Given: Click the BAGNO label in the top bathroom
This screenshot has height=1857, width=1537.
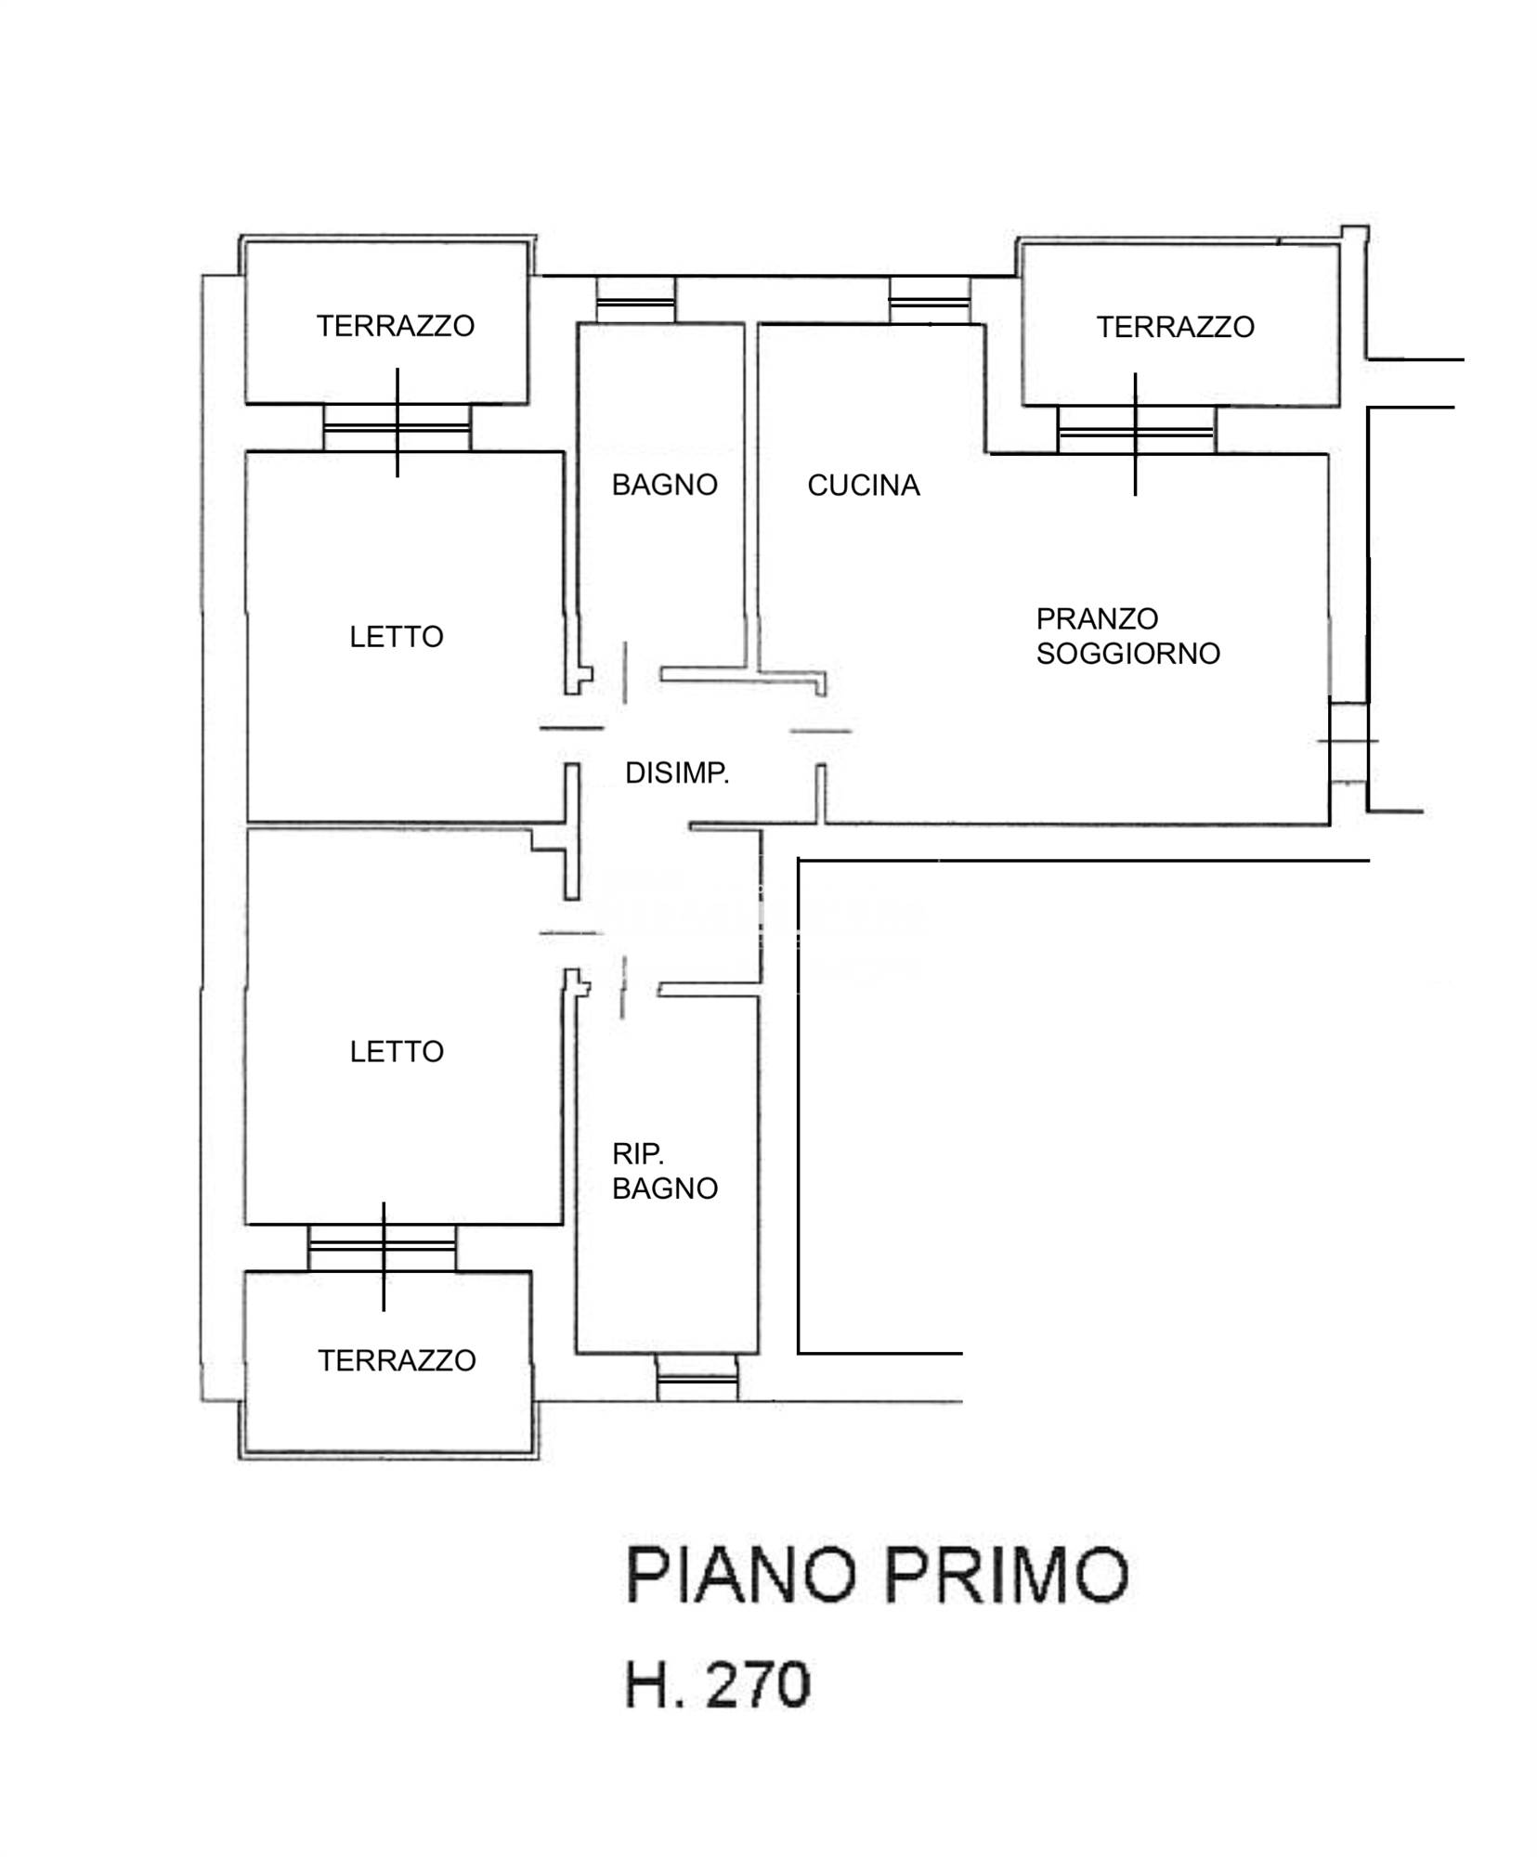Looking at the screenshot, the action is (664, 485).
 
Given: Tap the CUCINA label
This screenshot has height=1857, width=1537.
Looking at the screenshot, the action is (863, 486).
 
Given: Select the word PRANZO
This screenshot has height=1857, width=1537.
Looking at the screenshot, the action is (1097, 618).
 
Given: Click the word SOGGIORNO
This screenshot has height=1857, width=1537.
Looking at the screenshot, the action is (1127, 654).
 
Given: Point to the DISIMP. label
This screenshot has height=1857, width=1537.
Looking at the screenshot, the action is (677, 773).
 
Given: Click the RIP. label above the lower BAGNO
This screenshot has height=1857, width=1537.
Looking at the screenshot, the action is (637, 1154).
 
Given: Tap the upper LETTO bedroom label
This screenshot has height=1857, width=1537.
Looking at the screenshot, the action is (397, 637).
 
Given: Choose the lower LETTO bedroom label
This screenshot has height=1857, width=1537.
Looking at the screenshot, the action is (397, 1052).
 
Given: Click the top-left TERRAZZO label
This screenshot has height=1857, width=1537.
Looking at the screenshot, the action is (396, 326).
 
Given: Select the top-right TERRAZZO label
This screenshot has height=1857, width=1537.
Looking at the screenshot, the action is (1175, 327).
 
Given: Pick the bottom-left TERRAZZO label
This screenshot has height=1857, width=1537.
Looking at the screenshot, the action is (397, 1361).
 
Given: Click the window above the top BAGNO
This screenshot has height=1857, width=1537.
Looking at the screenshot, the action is (635, 300).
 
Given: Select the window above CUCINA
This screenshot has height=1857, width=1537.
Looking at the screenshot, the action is (929, 300).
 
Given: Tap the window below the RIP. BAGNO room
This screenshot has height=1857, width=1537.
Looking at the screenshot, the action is (697, 1377).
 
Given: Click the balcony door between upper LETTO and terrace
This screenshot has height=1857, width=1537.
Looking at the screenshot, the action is (397, 428).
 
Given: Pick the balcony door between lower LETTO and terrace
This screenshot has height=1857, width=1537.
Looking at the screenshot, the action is (382, 1248).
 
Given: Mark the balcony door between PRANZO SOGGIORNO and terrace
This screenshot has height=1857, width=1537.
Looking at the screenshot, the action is (1136, 431).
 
